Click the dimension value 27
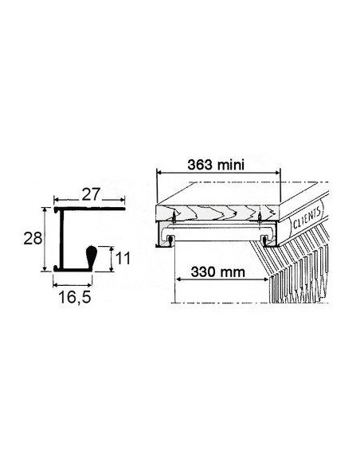[91, 194]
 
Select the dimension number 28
[33, 238]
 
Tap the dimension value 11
[123, 258]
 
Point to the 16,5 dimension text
[75, 297]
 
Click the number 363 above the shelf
[200, 165]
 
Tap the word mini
[231, 165]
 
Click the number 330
[203, 272]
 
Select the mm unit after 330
[233, 272]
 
